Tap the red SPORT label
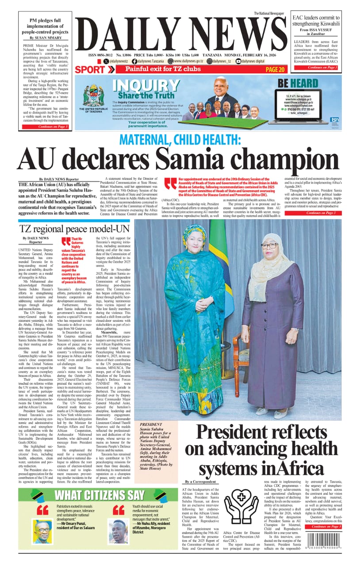click(x=90, y=69)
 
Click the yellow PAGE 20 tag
click(x=275, y=69)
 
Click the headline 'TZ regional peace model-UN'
click(x=74, y=229)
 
